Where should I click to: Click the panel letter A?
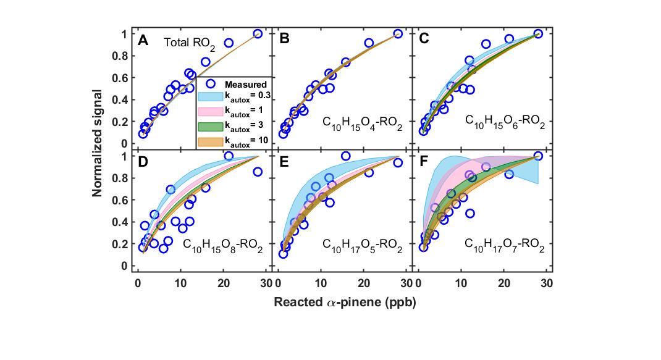(x=143, y=41)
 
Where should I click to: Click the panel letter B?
(x=285, y=41)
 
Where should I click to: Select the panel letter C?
(x=424, y=41)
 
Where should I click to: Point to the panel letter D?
(x=143, y=164)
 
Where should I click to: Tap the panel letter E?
(x=285, y=164)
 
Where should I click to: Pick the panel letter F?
(x=424, y=164)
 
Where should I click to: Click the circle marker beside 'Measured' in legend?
(x=210, y=83)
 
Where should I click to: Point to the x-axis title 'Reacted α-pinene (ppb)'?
(x=340, y=303)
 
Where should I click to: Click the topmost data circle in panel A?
(x=258, y=34)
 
